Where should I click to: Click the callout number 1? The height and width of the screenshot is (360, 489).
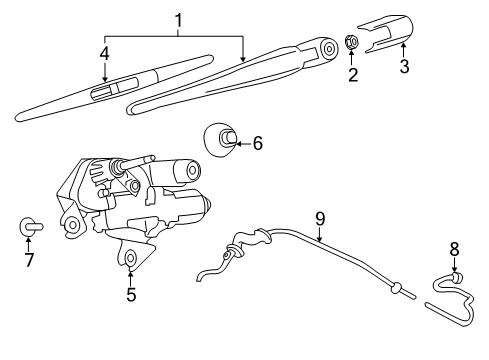click(178, 20)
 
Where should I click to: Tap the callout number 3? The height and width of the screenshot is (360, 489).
click(403, 67)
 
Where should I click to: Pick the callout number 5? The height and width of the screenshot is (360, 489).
click(130, 295)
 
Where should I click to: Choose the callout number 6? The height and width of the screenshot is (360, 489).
click(257, 144)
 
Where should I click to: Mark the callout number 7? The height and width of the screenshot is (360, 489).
click(29, 261)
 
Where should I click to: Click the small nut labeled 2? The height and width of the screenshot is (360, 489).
click(351, 43)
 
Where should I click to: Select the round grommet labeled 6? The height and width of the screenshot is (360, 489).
click(221, 138)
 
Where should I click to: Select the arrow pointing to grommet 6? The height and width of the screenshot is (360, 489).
click(242, 144)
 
